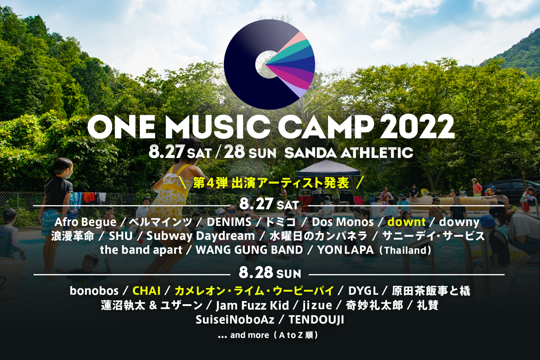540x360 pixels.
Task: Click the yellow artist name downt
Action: [406, 222]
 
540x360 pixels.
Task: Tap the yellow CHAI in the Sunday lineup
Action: [147, 291]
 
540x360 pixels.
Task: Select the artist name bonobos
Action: [94, 291]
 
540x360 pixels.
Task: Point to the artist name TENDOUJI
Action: [316, 320]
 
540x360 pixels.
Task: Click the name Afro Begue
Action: [85, 222]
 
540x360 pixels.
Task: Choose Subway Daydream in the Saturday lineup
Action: [201, 236]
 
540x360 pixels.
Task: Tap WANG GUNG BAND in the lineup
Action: [249, 250]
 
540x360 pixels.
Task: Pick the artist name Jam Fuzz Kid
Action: [252, 306]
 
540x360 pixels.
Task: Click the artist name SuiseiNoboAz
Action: [235, 320]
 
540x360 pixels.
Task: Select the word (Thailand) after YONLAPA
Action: [405, 251]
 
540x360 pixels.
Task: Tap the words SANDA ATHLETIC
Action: [349, 153]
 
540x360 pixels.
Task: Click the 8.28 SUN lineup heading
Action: [270, 273]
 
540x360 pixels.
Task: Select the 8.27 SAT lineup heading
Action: [269, 204]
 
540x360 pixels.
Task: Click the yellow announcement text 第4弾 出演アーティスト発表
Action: [271, 184]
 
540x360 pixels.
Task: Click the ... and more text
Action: [268, 335]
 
